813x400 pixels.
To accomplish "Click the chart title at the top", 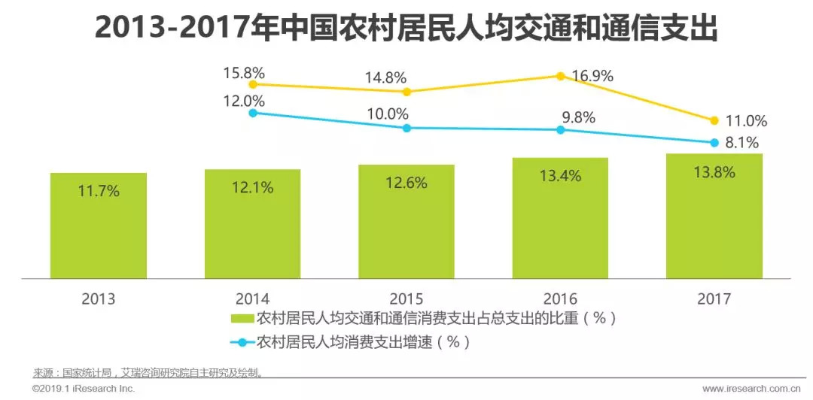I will [x=406, y=29].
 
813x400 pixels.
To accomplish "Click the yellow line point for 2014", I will [x=253, y=84].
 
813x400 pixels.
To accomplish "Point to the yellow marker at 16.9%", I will [x=561, y=76].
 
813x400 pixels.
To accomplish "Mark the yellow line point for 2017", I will [x=714, y=120].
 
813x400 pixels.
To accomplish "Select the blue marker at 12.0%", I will [x=253, y=113].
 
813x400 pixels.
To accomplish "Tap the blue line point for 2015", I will [x=406, y=128].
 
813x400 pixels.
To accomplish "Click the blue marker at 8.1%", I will [x=714, y=142].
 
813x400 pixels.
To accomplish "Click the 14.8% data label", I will [x=386, y=77].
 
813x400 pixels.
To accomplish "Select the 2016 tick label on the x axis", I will [x=560, y=298].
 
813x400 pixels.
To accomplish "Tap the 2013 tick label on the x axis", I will [x=99, y=298].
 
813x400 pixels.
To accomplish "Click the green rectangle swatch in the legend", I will [x=242, y=318].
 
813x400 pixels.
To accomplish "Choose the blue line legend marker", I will [x=242, y=342].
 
